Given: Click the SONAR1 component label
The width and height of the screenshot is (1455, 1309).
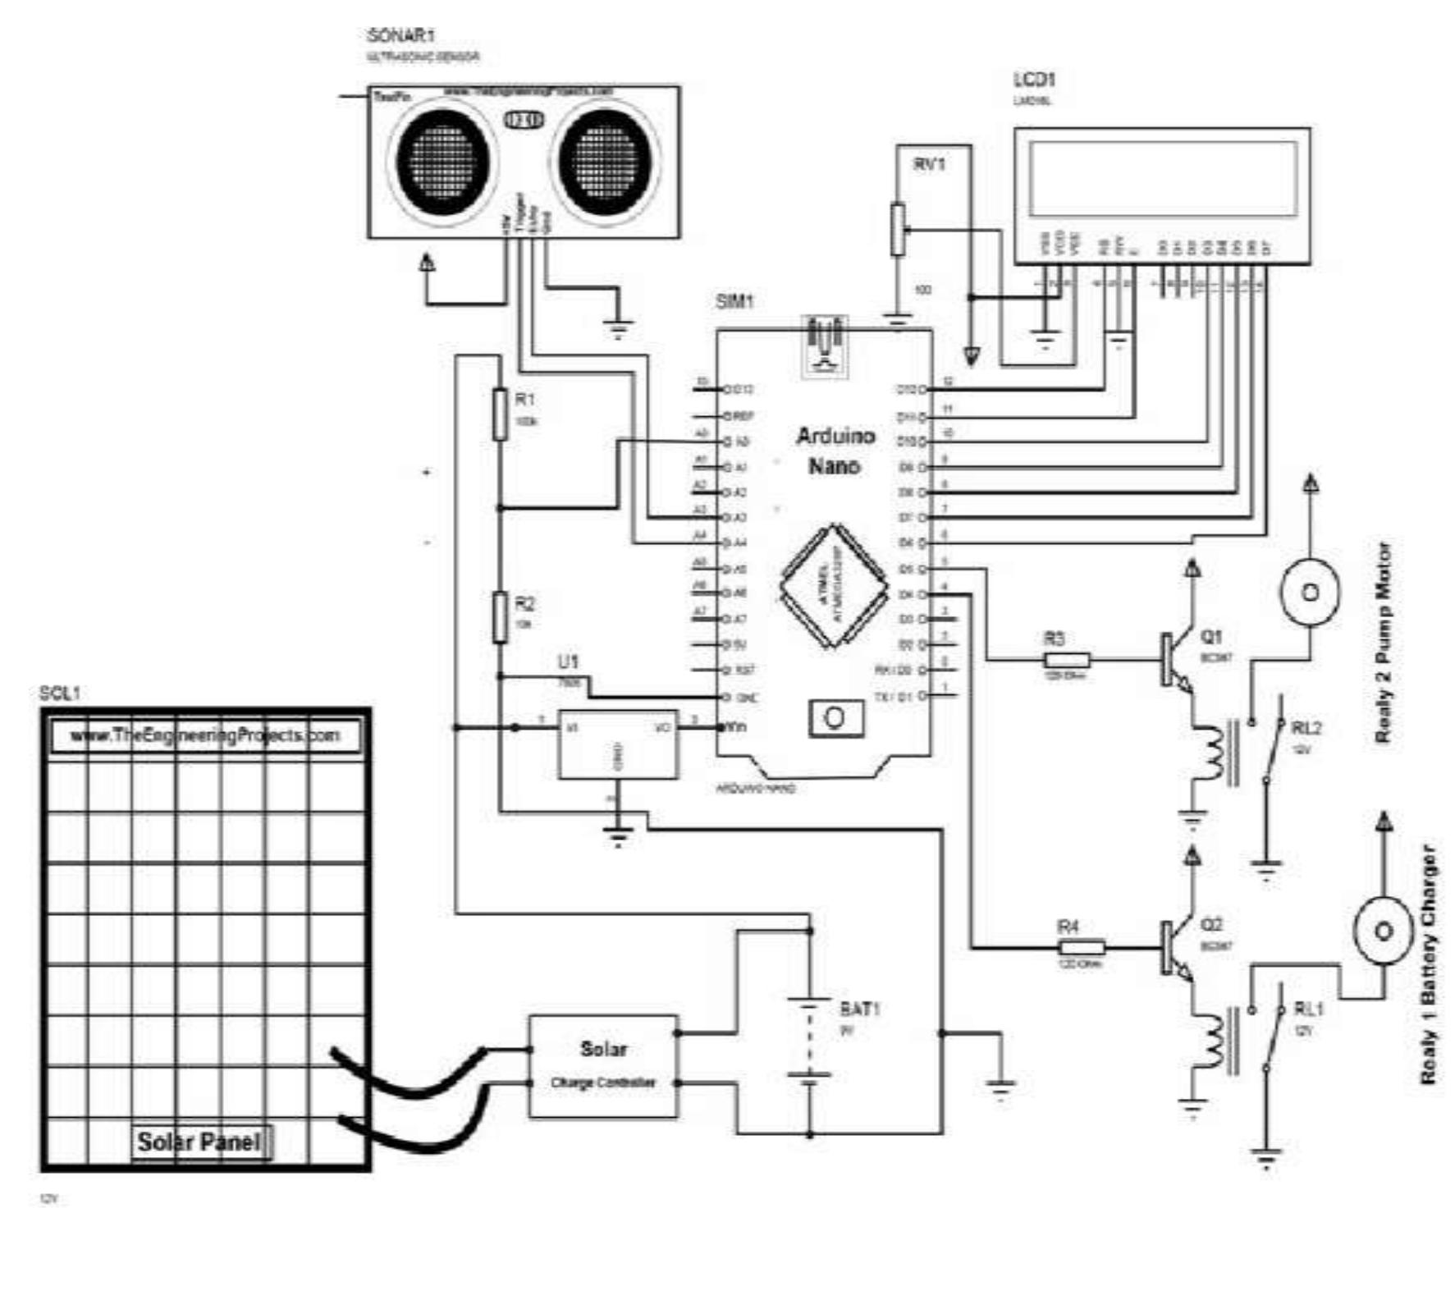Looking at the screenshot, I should click(x=400, y=36).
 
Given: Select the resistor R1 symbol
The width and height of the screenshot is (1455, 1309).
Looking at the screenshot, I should click(x=500, y=414).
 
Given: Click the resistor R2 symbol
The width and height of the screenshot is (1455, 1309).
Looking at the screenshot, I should click(x=500, y=617).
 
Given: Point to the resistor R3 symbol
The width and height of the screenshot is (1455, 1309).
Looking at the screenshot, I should click(x=1066, y=659).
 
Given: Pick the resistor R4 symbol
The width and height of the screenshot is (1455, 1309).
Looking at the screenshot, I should click(x=1081, y=948).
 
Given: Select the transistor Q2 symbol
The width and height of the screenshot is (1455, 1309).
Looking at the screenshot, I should click(x=1174, y=948).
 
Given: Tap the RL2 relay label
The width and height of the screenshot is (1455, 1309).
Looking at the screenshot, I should click(x=1306, y=728).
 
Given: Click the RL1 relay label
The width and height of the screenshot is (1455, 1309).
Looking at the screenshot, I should click(x=1308, y=1009).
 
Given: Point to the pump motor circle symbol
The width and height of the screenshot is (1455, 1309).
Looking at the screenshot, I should click(x=1310, y=593).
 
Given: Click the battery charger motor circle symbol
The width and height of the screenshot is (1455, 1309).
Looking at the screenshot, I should click(x=1383, y=931).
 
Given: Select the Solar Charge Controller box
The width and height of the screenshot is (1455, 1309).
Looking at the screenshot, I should click(x=603, y=1066).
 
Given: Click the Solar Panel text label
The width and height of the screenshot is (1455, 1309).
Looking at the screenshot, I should click(x=199, y=1142).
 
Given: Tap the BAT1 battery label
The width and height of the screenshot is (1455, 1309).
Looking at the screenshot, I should click(x=859, y=1009).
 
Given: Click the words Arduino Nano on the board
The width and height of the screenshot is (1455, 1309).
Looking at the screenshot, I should click(x=835, y=451).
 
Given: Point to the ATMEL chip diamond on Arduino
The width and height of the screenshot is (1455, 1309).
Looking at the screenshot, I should click(x=833, y=586).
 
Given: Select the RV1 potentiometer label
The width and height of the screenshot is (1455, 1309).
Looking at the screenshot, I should click(x=929, y=164).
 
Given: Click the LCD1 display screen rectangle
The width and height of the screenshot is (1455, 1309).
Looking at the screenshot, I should click(x=1162, y=178).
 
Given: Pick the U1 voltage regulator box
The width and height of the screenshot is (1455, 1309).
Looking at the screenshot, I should click(x=618, y=744).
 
